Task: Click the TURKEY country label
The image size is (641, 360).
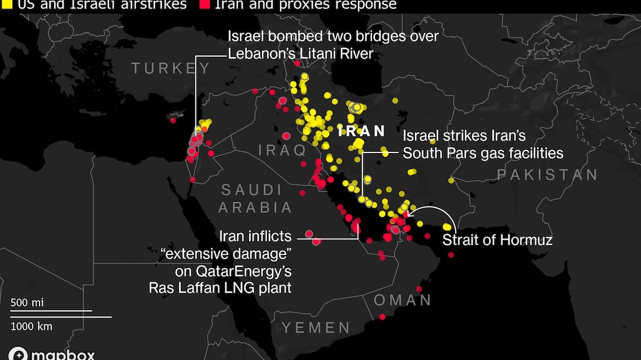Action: [x=171, y=68]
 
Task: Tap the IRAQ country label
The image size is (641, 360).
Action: [x=283, y=151]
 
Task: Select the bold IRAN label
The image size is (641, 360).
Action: [x=361, y=131]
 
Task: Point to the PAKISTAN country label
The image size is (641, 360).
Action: [x=547, y=174]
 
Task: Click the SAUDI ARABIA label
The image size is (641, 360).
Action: [x=255, y=199]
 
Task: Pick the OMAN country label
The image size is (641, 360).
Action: [x=402, y=300]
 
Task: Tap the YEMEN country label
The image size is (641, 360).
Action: [x=316, y=327]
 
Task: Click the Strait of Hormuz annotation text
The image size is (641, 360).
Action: [x=497, y=240]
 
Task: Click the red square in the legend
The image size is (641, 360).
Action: [x=205, y=5]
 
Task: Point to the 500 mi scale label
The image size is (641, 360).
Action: [x=27, y=302]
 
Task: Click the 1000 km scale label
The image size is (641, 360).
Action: [x=31, y=326]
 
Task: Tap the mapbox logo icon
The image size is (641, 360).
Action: [x=18, y=354]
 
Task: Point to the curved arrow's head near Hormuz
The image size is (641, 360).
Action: [x=409, y=214]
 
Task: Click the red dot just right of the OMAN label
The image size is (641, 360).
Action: [x=419, y=289]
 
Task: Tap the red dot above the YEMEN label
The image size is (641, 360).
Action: [x=382, y=317]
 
